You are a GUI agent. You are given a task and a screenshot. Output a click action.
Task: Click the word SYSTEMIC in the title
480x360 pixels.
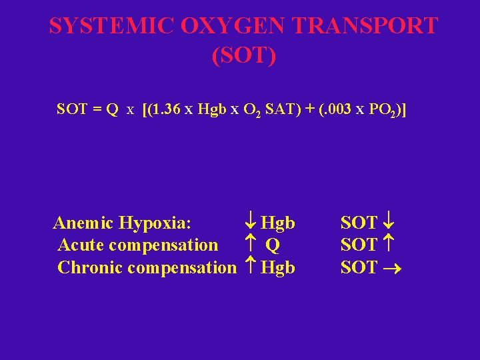[x=111, y=26]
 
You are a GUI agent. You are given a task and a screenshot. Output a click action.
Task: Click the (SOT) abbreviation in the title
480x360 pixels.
[x=243, y=56]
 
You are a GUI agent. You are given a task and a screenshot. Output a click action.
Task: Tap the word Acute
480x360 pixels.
[x=81, y=245]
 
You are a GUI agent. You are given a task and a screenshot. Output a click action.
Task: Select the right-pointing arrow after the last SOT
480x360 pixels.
[x=393, y=268]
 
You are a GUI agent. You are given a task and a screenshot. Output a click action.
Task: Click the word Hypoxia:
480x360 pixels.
[x=161, y=223]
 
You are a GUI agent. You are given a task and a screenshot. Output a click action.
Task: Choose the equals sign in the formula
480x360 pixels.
[x=95, y=109]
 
